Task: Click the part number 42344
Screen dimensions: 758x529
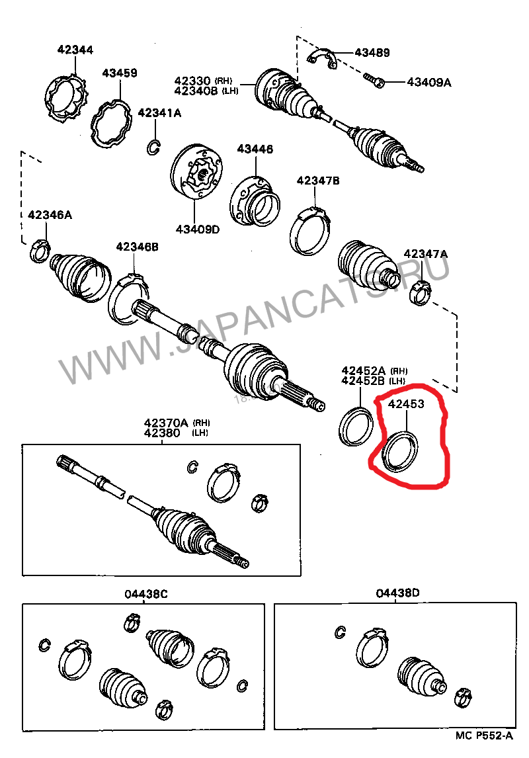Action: point(75,50)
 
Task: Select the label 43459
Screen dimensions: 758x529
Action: point(119,73)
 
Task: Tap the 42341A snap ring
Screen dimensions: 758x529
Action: point(153,147)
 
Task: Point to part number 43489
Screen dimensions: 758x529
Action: point(372,52)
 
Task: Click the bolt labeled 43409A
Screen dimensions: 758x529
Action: point(374,81)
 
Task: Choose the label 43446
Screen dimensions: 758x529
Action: point(255,149)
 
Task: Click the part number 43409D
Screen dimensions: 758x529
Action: point(197,230)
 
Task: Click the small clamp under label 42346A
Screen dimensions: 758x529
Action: point(40,251)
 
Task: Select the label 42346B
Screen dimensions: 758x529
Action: point(138,247)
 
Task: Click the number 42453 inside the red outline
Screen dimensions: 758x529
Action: point(405,403)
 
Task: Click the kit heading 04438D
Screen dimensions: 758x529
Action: point(397,593)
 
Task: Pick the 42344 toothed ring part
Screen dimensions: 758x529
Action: point(67,99)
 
